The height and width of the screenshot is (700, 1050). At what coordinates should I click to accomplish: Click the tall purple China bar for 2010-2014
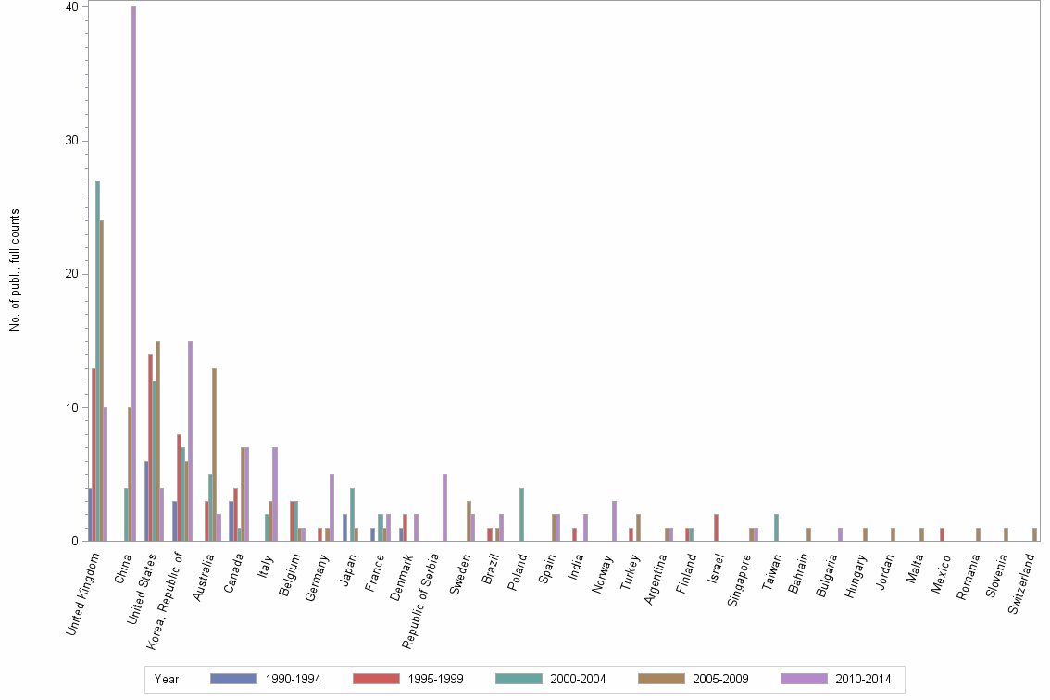[x=133, y=278]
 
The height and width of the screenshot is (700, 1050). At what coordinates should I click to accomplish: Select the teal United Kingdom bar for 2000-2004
[x=97, y=361]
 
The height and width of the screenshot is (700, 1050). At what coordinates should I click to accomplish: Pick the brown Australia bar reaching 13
[x=214, y=454]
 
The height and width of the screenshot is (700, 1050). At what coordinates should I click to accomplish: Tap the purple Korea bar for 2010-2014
[x=190, y=441]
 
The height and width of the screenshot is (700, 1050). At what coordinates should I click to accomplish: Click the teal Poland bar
[x=522, y=514]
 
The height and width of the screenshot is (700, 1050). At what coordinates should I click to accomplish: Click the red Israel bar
[x=716, y=527]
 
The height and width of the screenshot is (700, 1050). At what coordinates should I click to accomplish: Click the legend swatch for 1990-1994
[x=233, y=679]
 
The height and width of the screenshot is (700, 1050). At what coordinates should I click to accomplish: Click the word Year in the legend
[x=167, y=680]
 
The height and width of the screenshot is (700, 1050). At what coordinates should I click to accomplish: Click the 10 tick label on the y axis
[x=71, y=407]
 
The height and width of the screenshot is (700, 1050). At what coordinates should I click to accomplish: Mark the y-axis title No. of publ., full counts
[x=15, y=270]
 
